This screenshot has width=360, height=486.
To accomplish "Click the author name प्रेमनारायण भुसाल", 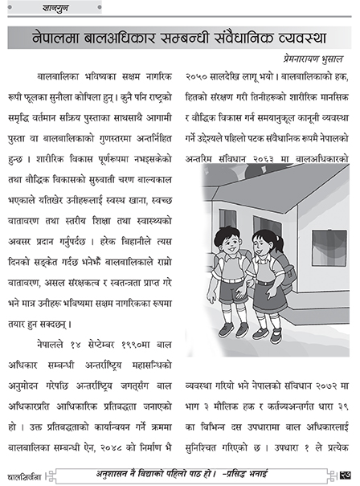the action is point(307,58).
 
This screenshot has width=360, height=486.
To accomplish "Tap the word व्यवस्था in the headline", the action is point(301,38).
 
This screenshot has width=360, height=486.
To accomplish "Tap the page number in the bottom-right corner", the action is point(343,472).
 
